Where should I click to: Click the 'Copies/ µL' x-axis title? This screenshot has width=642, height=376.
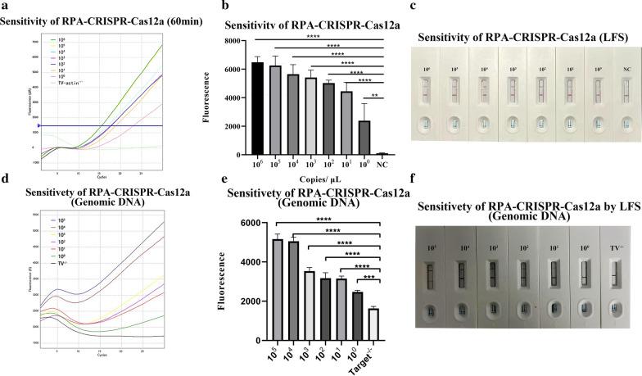click(x=304, y=177)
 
